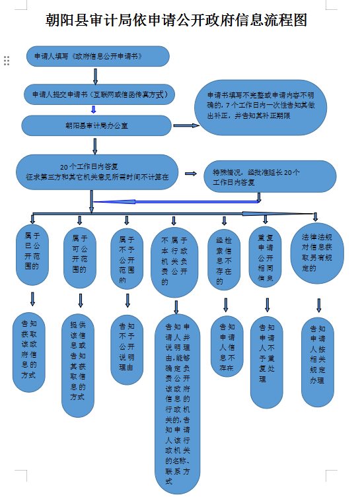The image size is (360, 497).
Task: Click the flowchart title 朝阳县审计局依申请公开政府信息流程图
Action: click(x=176, y=20)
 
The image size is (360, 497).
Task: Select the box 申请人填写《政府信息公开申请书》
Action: click(x=98, y=56)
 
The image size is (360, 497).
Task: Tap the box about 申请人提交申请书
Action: click(x=99, y=94)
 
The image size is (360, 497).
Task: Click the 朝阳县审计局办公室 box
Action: click(x=96, y=125)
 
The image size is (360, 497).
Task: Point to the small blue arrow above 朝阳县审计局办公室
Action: click(x=93, y=110)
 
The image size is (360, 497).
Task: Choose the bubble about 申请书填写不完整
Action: click(x=260, y=108)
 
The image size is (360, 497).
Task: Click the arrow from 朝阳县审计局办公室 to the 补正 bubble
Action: click(x=186, y=125)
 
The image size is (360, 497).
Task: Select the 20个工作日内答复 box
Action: click(x=97, y=172)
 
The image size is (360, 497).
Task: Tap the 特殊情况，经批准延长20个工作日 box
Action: click(x=270, y=176)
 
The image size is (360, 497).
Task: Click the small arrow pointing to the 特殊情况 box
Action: click(x=191, y=174)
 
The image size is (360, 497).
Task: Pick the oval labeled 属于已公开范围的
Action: click(x=32, y=255)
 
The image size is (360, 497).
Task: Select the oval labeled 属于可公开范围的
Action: click(x=80, y=257)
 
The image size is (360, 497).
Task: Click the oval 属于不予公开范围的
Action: click(x=127, y=259)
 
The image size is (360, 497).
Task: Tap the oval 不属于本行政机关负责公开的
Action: click(x=174, y=262)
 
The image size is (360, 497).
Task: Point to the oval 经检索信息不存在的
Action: click(x=224, y=260)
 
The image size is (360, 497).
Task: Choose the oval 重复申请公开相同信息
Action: click(x=265, y=257)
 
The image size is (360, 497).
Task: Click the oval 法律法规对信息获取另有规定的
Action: click(x=317, y=253)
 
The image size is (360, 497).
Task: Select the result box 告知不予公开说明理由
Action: click(x=127, y=350)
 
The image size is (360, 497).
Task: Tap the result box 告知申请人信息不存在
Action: click(x=227, y=347)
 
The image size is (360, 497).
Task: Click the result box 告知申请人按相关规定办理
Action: click(x=318, y=362)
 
